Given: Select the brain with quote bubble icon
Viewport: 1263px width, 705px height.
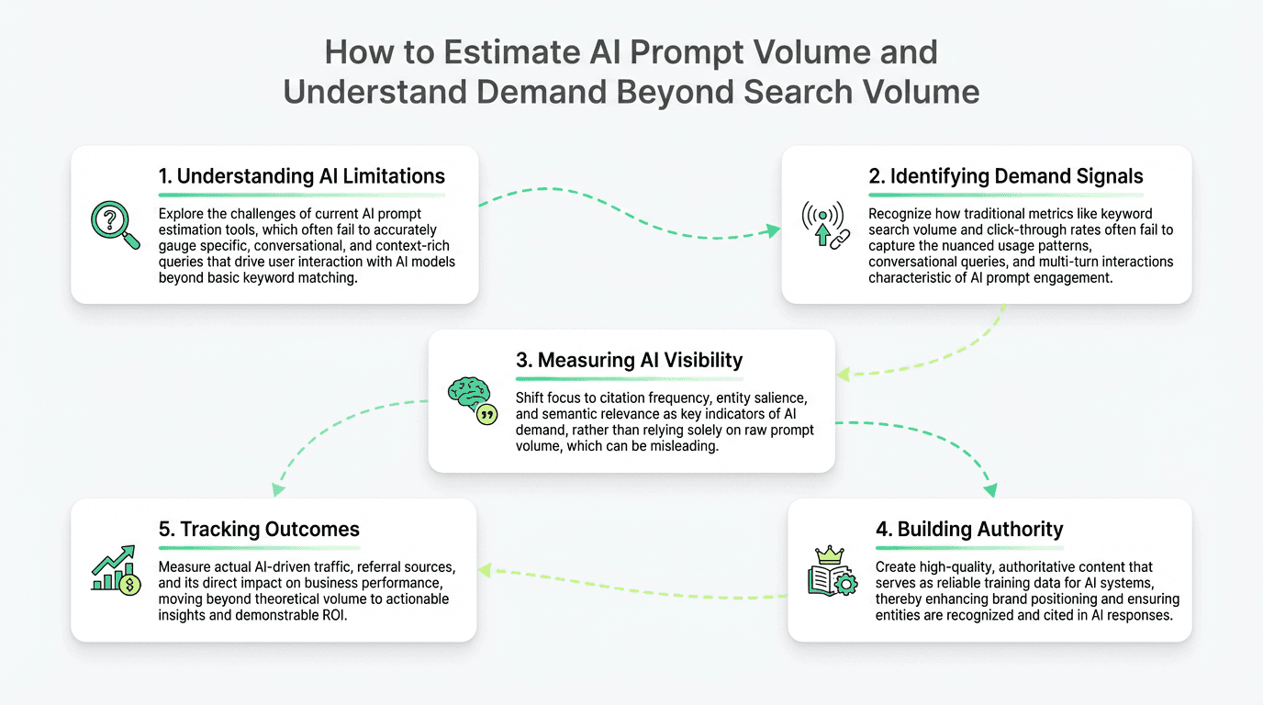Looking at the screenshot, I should [x=472, y=402].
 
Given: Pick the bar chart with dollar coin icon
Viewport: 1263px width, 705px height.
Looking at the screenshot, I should [x=117, y=570].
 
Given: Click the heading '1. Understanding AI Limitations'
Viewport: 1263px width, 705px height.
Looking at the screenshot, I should [x=301, y=176].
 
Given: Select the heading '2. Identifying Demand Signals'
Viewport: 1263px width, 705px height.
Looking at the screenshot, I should [x=1006, y=176].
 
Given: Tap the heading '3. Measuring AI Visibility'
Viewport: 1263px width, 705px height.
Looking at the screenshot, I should [x=629, y=360].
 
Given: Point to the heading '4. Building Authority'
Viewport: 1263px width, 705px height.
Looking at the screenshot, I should [x=969, y=529].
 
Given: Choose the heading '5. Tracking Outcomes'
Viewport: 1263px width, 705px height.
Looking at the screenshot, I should [x=259, y=529].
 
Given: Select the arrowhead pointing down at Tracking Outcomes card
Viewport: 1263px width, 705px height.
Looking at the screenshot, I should [x=274, y=490].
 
